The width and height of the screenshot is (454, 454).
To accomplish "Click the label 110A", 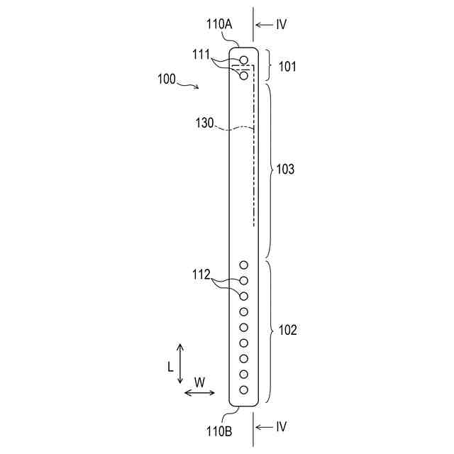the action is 220,24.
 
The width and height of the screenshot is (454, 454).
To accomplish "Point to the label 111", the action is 202,53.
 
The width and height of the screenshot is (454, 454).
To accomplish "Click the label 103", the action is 286,170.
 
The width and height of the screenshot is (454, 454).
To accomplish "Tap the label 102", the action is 288,330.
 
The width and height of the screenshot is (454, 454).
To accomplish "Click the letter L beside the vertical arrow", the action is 170,367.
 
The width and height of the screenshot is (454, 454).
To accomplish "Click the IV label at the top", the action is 281,24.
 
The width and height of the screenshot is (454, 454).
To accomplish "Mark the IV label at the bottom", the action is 281,426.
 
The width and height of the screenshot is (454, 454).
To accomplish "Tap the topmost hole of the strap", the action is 244,60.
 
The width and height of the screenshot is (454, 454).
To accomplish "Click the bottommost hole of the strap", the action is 244,389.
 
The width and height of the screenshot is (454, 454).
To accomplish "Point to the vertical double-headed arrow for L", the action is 180,363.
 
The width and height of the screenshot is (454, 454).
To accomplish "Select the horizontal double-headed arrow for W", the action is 199,393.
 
